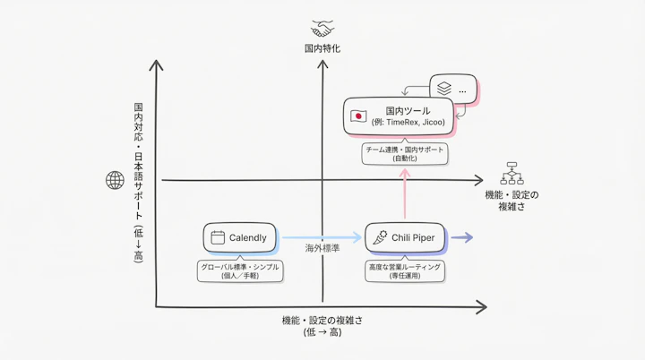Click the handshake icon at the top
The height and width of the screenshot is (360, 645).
pos(322,28)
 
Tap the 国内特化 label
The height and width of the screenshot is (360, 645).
pos(322,48)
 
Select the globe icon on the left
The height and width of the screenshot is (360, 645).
pos(115,181)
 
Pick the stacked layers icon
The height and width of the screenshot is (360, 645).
pos(442,90)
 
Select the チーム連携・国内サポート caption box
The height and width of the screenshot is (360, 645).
pos(405,153)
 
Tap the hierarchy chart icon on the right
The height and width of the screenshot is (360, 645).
pos(512,171)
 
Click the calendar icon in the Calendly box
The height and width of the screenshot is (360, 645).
pos(217,238)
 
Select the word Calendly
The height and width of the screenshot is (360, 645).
pos(248,238)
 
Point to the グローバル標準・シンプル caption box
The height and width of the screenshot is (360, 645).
pos(238,271)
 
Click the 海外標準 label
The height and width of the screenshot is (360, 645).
pos(322,247)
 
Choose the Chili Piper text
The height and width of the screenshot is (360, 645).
pos(413,237)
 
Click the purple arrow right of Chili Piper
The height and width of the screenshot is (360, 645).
pos(460,237)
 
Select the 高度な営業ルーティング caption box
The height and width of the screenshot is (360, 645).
pos(405,271)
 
